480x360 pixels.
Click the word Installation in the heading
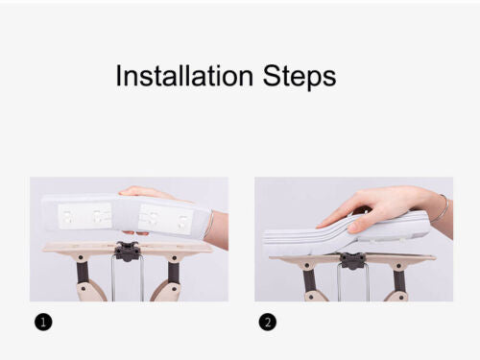[184, 76]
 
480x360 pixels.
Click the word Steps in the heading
[300, 77]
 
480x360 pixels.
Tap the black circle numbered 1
[43, 322]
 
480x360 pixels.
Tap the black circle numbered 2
[268, 322]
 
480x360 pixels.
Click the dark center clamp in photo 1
[128, 251]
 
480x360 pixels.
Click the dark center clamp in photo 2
[352, 260]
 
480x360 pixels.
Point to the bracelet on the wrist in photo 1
[210, 224]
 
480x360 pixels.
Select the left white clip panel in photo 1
[84, 217]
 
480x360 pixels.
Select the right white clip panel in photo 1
[165, 219]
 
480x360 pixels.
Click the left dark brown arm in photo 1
[83, 272]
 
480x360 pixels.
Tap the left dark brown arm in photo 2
[309, 279]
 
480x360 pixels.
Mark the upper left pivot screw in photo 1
[81, 257]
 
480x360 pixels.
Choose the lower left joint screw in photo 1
[84, 288]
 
